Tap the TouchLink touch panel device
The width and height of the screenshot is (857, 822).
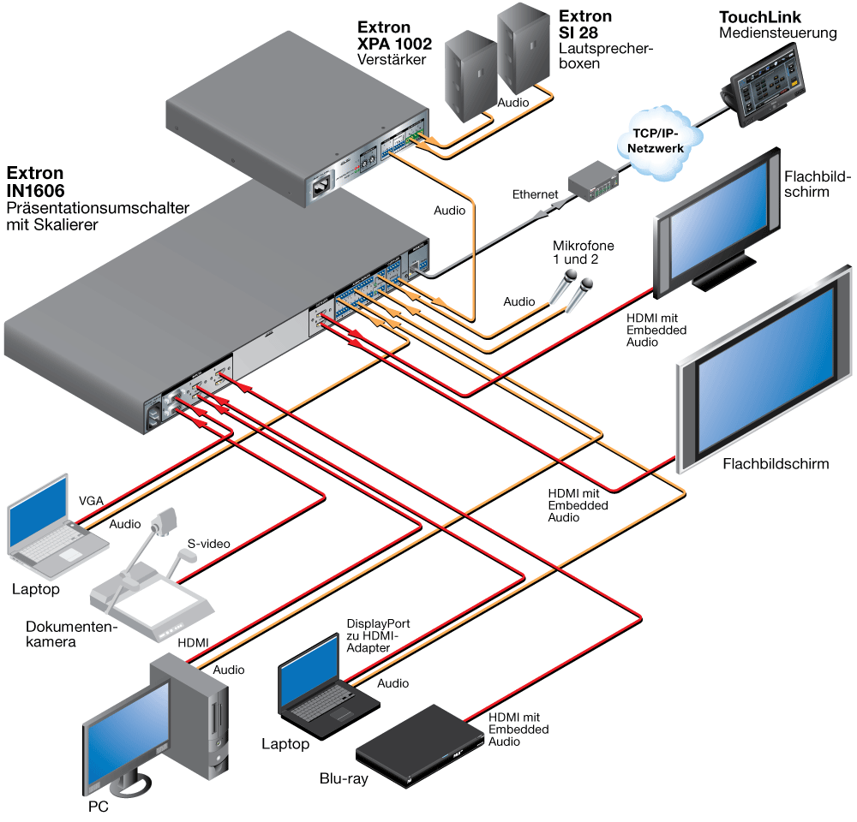tap(764, 84)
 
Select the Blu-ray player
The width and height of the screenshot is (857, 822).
tap(420, 746)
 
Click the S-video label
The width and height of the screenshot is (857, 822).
tap(209, 544)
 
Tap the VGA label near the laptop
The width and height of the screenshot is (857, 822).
tap(91, 501)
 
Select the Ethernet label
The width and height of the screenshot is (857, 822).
tap(535, 194)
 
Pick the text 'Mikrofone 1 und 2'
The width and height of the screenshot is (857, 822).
tap(583, 253)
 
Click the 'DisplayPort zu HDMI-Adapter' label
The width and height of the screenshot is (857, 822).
tap(378, 635)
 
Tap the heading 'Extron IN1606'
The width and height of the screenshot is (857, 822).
tap(35, 182)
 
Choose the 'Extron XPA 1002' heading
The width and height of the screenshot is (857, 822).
tap(394, 35)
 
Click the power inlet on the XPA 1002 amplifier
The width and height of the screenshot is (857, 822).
tap(322, 188)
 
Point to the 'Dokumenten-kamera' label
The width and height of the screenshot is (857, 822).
tap(72, 634)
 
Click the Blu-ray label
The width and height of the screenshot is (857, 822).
tap(344, 779)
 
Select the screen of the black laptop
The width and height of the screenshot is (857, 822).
tap(310, 671)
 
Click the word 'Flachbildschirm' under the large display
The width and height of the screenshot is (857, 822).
tap(776, 464)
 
